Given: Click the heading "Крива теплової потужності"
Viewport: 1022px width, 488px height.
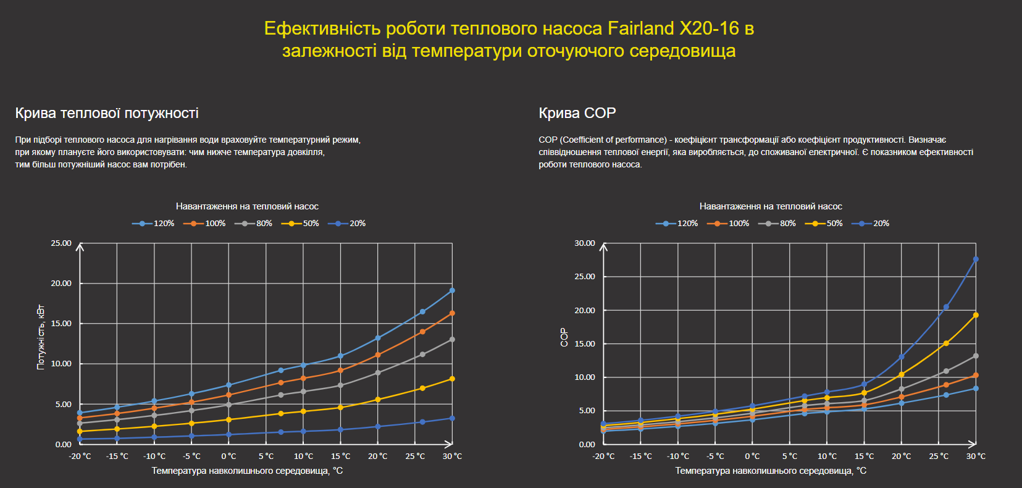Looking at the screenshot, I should [x=107, y=113].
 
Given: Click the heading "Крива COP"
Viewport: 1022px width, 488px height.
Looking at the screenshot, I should [x=577, y=113].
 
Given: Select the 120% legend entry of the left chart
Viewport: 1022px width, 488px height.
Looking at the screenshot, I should [x=154, y=224].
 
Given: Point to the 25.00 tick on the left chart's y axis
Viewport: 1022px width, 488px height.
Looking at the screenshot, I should [x=61, y=243].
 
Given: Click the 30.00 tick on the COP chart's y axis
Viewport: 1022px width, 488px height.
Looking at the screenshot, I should [x=585, y=243].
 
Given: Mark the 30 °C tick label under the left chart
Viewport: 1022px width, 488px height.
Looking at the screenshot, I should [x=452, y=456].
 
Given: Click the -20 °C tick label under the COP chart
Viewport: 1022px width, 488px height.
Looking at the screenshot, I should [x=603, y=456].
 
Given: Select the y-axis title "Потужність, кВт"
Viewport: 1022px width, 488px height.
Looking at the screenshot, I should [x=41, y=337].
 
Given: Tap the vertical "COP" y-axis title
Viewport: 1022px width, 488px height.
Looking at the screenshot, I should [x=564, y=337].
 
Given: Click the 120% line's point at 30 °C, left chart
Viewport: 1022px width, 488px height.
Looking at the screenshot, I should [x=452, y=290].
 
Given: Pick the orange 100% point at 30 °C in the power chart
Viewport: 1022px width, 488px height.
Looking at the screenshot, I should [x=452, y=313].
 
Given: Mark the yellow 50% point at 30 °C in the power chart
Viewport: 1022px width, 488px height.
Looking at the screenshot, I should [x=452, y=379].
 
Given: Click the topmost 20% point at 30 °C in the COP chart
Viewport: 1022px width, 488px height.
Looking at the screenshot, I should [x=976, y=259].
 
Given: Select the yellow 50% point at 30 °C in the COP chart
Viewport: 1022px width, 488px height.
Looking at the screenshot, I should [x=976, y=315].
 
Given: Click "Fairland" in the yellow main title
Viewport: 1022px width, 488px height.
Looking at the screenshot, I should [x=640, y=28].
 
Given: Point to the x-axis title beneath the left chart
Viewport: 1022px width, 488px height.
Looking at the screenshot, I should [x=247, y=471].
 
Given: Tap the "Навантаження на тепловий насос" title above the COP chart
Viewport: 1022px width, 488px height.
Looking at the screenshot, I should [x=771, y=206].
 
